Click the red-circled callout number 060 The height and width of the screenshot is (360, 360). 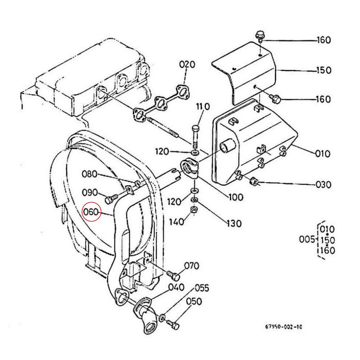pos(91,212)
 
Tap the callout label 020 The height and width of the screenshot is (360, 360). pos(187,64)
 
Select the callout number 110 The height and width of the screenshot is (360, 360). pos(203,106)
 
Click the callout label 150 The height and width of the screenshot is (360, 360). pos(324,70)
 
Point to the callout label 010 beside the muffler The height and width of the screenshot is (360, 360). pos(322,154)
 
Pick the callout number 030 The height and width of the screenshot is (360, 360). pos(324,184)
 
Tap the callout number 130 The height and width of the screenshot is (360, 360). pos(234,223)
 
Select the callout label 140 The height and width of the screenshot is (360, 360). pos(176,222)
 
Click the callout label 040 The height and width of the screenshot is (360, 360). pos(176,287)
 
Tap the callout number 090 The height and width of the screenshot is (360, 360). pos(90,192)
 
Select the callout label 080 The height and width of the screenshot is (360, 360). pos(90,174)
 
